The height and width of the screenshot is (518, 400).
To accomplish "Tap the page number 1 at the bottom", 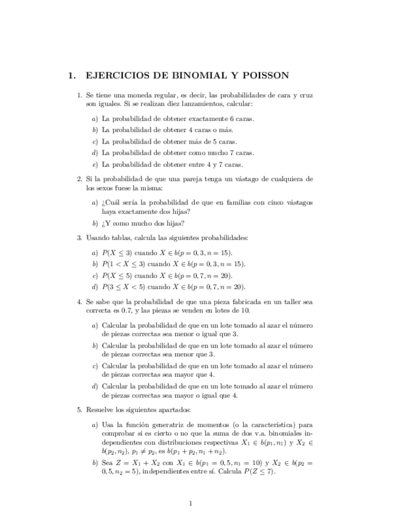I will pyautogui.click(x=191, y=503).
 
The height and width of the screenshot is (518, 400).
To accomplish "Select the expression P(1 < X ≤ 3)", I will pyautogui.click(x=123, y=264).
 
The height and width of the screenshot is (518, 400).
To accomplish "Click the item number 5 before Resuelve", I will pyautogui.click(x=79, y=409).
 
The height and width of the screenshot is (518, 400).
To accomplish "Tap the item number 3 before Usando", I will pyautogui.click(x=79, y=238).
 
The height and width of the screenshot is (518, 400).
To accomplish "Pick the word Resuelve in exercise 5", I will pyautogui.click(x=99, y=409).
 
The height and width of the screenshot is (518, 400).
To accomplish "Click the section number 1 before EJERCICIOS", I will pyautogui.click(x=72, y=76).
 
